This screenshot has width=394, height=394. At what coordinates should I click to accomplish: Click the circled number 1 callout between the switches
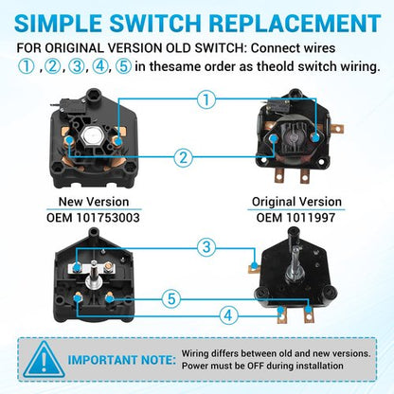click(x=206, y=99)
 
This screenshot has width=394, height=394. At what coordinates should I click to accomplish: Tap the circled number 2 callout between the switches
click(x=184, y=157)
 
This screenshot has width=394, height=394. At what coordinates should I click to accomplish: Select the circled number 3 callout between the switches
click(x=206, y=246)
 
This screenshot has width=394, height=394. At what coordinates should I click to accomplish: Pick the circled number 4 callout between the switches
click(x=228, y=315)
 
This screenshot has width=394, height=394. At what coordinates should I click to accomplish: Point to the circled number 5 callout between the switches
click(x=171, y=298)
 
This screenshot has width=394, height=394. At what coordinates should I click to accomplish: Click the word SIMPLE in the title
click(x=59, y=23)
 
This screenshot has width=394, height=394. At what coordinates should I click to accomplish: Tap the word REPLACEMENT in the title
click(x=295, y=23)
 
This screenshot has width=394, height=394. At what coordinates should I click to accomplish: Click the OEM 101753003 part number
click(x=93, y=218)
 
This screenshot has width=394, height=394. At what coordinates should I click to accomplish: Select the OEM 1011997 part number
click(x=295, y=218)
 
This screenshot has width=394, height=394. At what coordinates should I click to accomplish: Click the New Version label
click(x=94, y=202)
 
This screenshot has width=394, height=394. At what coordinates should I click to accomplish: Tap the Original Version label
click(x=296, y=202)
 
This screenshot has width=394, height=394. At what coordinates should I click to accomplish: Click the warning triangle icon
click(x=45, y=360)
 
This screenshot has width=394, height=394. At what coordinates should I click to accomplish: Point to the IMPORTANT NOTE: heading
click(x=122, y=360)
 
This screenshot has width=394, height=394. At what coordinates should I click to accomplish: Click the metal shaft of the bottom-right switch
click(x=295, y=263)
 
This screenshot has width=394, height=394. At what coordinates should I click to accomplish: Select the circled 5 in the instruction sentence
click(x=123, y=66)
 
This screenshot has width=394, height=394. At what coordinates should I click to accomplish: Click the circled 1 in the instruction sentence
click(x=26, y=66)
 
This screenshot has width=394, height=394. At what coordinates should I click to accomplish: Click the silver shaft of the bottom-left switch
click(x=94, y=273)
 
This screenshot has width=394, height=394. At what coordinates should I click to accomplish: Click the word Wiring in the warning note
click(x=195, y=353)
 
